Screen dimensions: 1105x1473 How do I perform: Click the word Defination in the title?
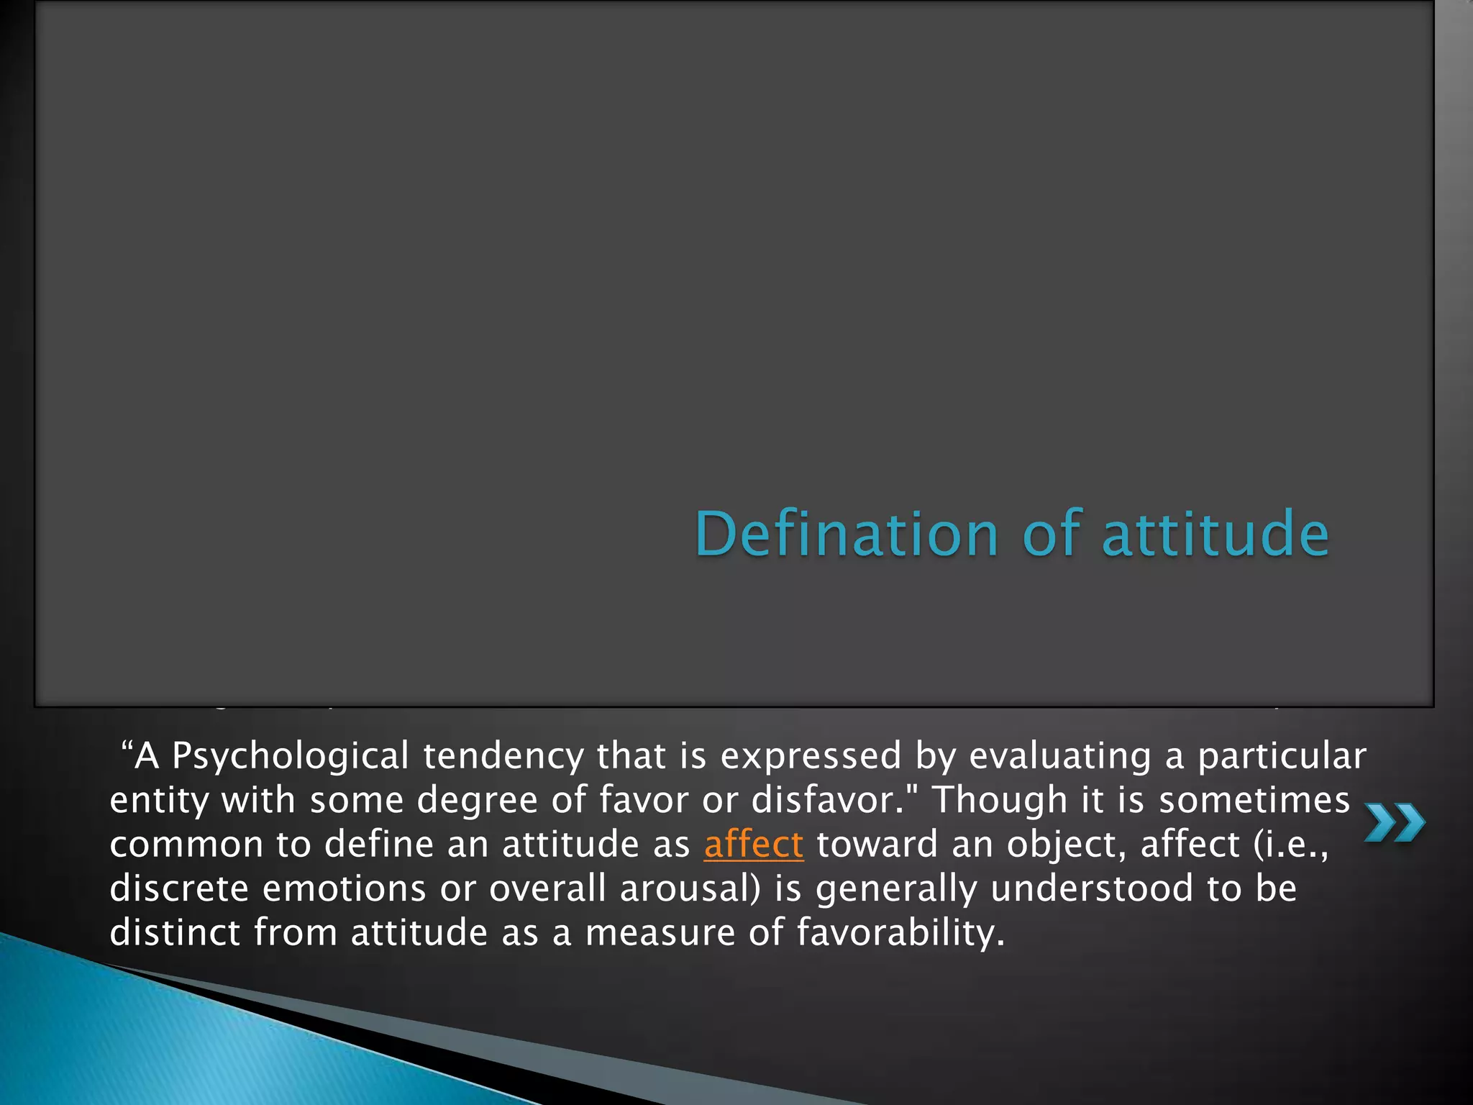click(847, 534)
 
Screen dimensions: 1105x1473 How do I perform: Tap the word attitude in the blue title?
click(1216, 534)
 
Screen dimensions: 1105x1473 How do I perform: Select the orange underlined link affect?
click(753, 845)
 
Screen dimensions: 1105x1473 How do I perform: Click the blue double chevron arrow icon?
click(1395, 823)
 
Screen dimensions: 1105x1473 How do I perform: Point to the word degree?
click(477, 801)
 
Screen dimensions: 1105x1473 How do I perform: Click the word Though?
click(1000, 801)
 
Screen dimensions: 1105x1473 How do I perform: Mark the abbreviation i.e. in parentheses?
click(1296, 845)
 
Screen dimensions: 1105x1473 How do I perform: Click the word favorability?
click(899, 932)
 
